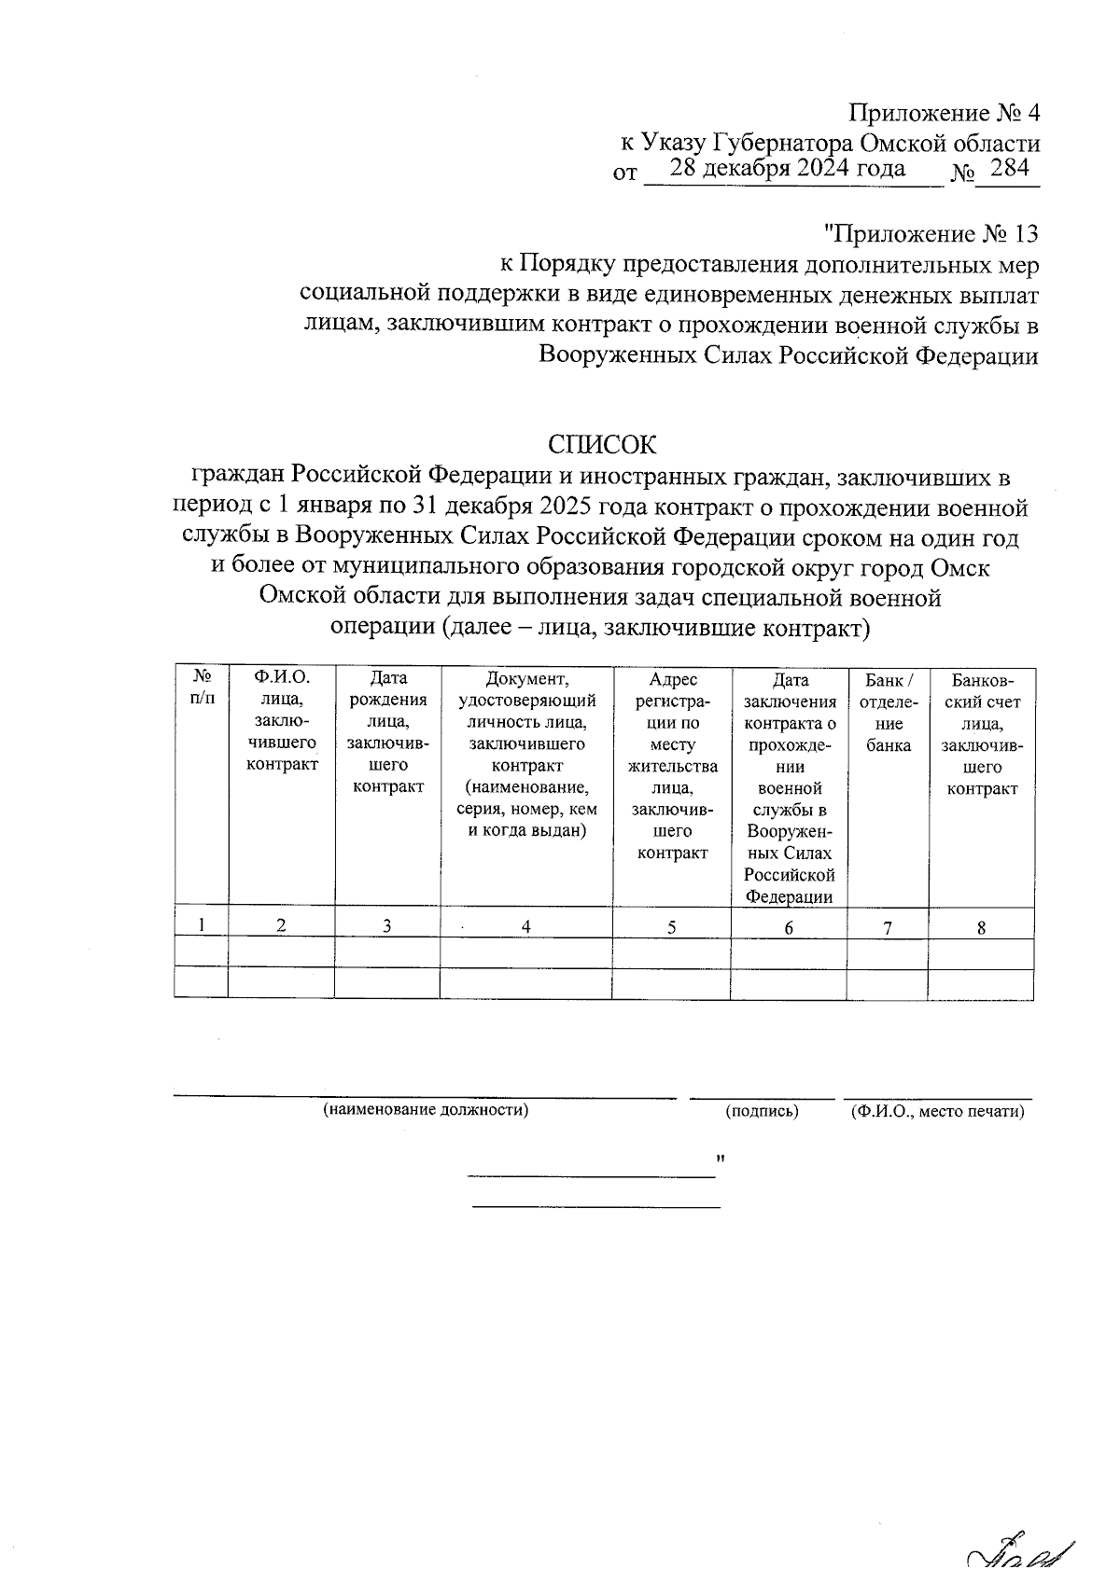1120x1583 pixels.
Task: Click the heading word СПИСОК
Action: coord(602,442)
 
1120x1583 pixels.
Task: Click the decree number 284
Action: coord(1008,169)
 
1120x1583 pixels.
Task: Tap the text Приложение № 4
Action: coord(943,114)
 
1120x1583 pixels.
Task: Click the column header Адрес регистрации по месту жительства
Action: coord(672,766)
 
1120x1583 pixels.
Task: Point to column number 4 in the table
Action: coord(526,926)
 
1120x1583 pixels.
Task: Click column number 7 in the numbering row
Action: coord(888,927)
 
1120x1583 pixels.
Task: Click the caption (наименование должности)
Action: coord(426,1111)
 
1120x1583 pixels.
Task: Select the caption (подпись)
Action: coord(762,1111)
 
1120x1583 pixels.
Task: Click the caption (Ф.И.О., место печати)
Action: coord(938,1111)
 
